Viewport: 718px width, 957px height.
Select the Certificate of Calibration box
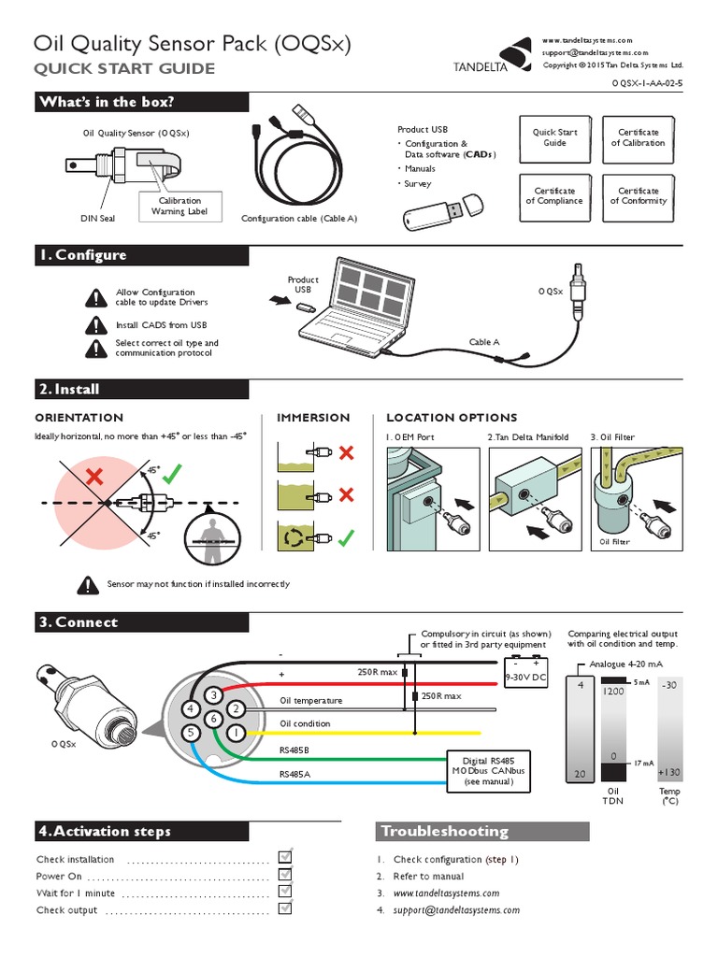click(x=639, y=138)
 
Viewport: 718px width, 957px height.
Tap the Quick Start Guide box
click(x=554, y=138)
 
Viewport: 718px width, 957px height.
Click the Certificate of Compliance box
click(x=554, y=195)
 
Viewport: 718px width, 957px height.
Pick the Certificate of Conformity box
click(x=639, y=195)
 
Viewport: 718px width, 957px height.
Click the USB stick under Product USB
click(x=441, y=213)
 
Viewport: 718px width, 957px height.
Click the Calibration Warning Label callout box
click(x=179, y=207)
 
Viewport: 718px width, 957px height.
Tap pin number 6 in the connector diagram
click(x=213, y=719)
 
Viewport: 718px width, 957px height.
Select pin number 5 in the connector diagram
click(x=192, y=734)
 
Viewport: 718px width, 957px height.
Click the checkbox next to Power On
click(x=286, y=876)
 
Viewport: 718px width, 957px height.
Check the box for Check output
click(x=286, y=909)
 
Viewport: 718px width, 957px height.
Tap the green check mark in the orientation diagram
click(x=170, y=477)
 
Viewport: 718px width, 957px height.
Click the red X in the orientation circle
click(x=93, y=478)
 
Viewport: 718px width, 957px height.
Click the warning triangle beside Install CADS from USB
click(x=96, y=324)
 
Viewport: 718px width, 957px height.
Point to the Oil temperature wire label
click(x=311, y=701)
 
